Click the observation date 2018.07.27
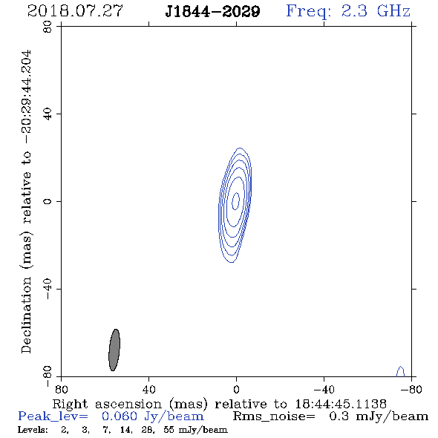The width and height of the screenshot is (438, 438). [x=75, y=11]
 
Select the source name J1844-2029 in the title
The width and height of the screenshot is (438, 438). [x=212, y=12]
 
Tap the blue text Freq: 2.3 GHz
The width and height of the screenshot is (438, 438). [x=348, y=11]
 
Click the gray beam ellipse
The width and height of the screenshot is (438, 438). [x=114, y=350]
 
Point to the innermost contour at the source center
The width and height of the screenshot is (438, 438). [x=236, y=201]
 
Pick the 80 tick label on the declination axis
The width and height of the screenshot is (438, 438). [x=48, y=27]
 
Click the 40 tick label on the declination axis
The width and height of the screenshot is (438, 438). [x=48, y=114]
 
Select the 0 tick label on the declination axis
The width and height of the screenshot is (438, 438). [x=48, y=201]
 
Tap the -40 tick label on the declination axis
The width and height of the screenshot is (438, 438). [x=48, y=289]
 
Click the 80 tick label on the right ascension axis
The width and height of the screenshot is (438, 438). [x=61, y=389]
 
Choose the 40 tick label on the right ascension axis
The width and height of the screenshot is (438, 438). [x=148, y=389]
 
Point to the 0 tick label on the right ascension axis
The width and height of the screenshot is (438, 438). [x=236, y=389]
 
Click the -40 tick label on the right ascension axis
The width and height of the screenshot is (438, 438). [x=324, y=389]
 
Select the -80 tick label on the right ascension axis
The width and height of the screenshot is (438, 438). [x=411, y=389]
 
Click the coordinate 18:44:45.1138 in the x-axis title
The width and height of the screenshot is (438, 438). [x=341, y=404]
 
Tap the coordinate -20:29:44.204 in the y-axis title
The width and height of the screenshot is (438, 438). [x=27, y=97]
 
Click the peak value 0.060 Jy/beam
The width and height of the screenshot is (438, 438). [x=152, y=416]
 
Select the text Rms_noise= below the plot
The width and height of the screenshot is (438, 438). [x=274, y=416]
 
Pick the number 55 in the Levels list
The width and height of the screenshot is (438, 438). [x=169, y=430]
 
